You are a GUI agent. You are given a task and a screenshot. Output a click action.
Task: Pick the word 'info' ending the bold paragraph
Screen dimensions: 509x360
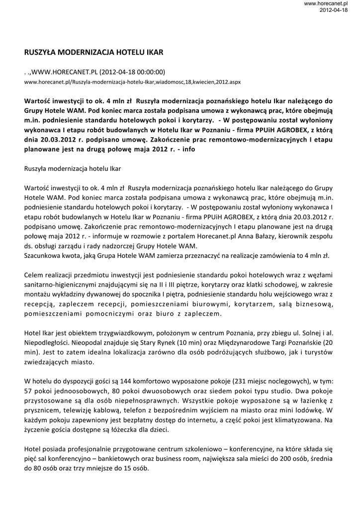point(188,148)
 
